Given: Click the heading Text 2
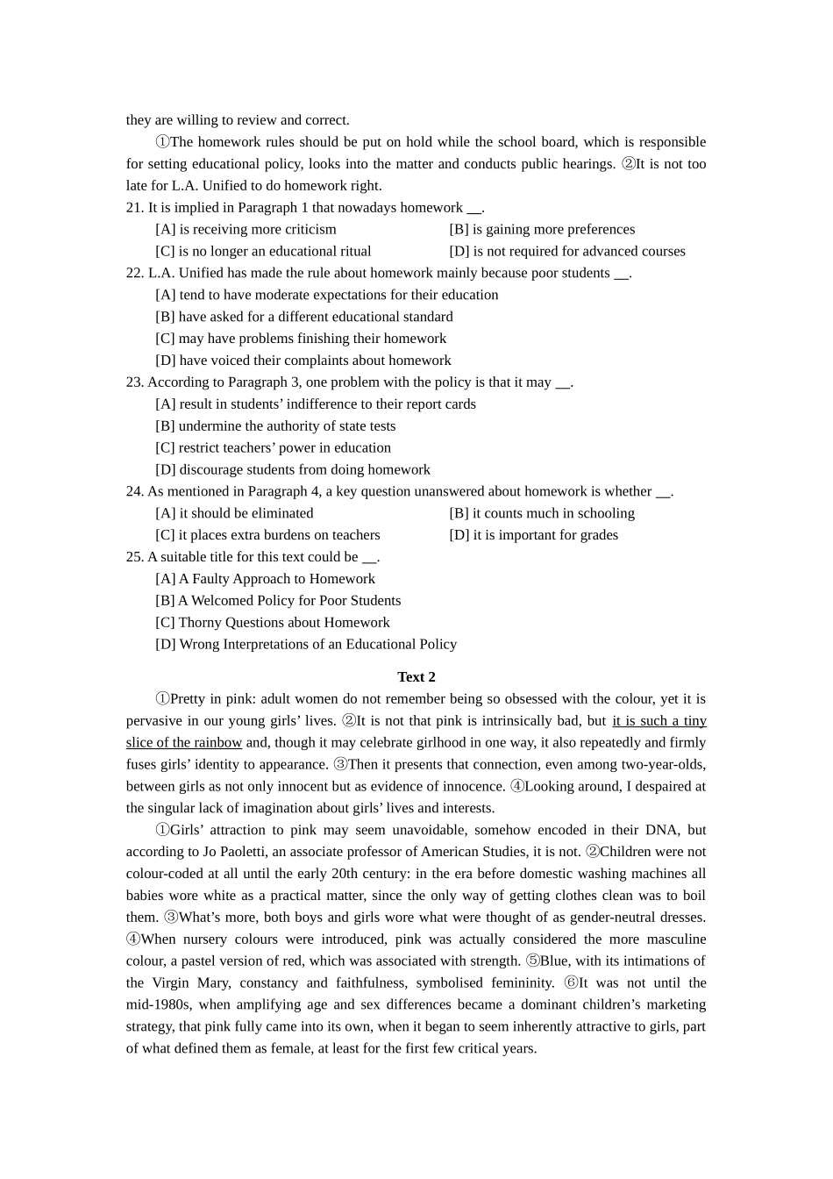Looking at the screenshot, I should click(416, 676).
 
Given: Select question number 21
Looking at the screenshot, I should click(135, 207).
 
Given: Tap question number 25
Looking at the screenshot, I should click(135, 556).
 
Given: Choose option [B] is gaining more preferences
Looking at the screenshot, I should click(542, 229).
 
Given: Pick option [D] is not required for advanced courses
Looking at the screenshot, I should click(567, 251).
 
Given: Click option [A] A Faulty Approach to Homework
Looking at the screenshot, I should click(265, 578).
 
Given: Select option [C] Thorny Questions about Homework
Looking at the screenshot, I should click(273, 622).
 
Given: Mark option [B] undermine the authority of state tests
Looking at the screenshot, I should click(275, 425).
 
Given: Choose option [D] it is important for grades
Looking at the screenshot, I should click(533, 534).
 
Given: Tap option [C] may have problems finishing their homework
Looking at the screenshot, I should click(301, 338).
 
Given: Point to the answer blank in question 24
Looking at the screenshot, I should click(663, 492).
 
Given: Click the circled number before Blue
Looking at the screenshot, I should click(532, 961).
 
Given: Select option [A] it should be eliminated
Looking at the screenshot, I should click(234, 513).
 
